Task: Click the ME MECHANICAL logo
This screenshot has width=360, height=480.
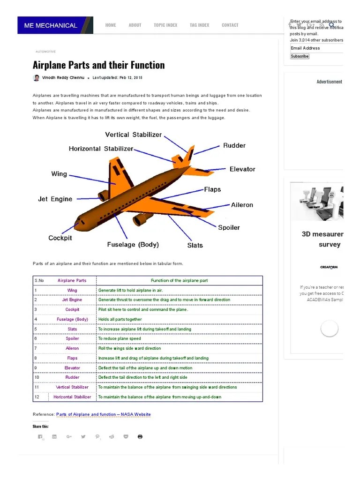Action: coord(51,25)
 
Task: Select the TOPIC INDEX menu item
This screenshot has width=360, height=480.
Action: coord(165,25)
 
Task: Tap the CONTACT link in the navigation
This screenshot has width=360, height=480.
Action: coord(230,25)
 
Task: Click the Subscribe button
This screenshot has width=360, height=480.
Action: coord(300,56)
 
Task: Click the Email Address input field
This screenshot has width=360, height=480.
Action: coord(316,48)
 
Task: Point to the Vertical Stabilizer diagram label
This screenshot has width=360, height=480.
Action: coord(133,135)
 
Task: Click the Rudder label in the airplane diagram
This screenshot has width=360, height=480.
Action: coord(234,145)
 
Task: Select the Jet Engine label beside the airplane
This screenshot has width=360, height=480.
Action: coord(55,199)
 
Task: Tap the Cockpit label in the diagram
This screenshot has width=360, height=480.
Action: coord(60,238)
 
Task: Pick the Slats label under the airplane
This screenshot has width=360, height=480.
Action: coord(195,245)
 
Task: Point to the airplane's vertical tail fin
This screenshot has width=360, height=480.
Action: coord(188,155)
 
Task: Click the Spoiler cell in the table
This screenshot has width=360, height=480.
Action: coord(72,338)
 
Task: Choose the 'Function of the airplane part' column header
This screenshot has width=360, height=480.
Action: coord(179,280)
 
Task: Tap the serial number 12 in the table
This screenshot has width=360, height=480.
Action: coord(37,397)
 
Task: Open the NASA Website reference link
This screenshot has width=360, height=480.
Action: coord(103,414)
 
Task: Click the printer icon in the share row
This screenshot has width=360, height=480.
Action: coord(140,436)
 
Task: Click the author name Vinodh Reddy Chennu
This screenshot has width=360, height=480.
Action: coord(63,78)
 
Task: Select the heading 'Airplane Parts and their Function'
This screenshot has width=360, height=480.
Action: coord(98,65)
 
